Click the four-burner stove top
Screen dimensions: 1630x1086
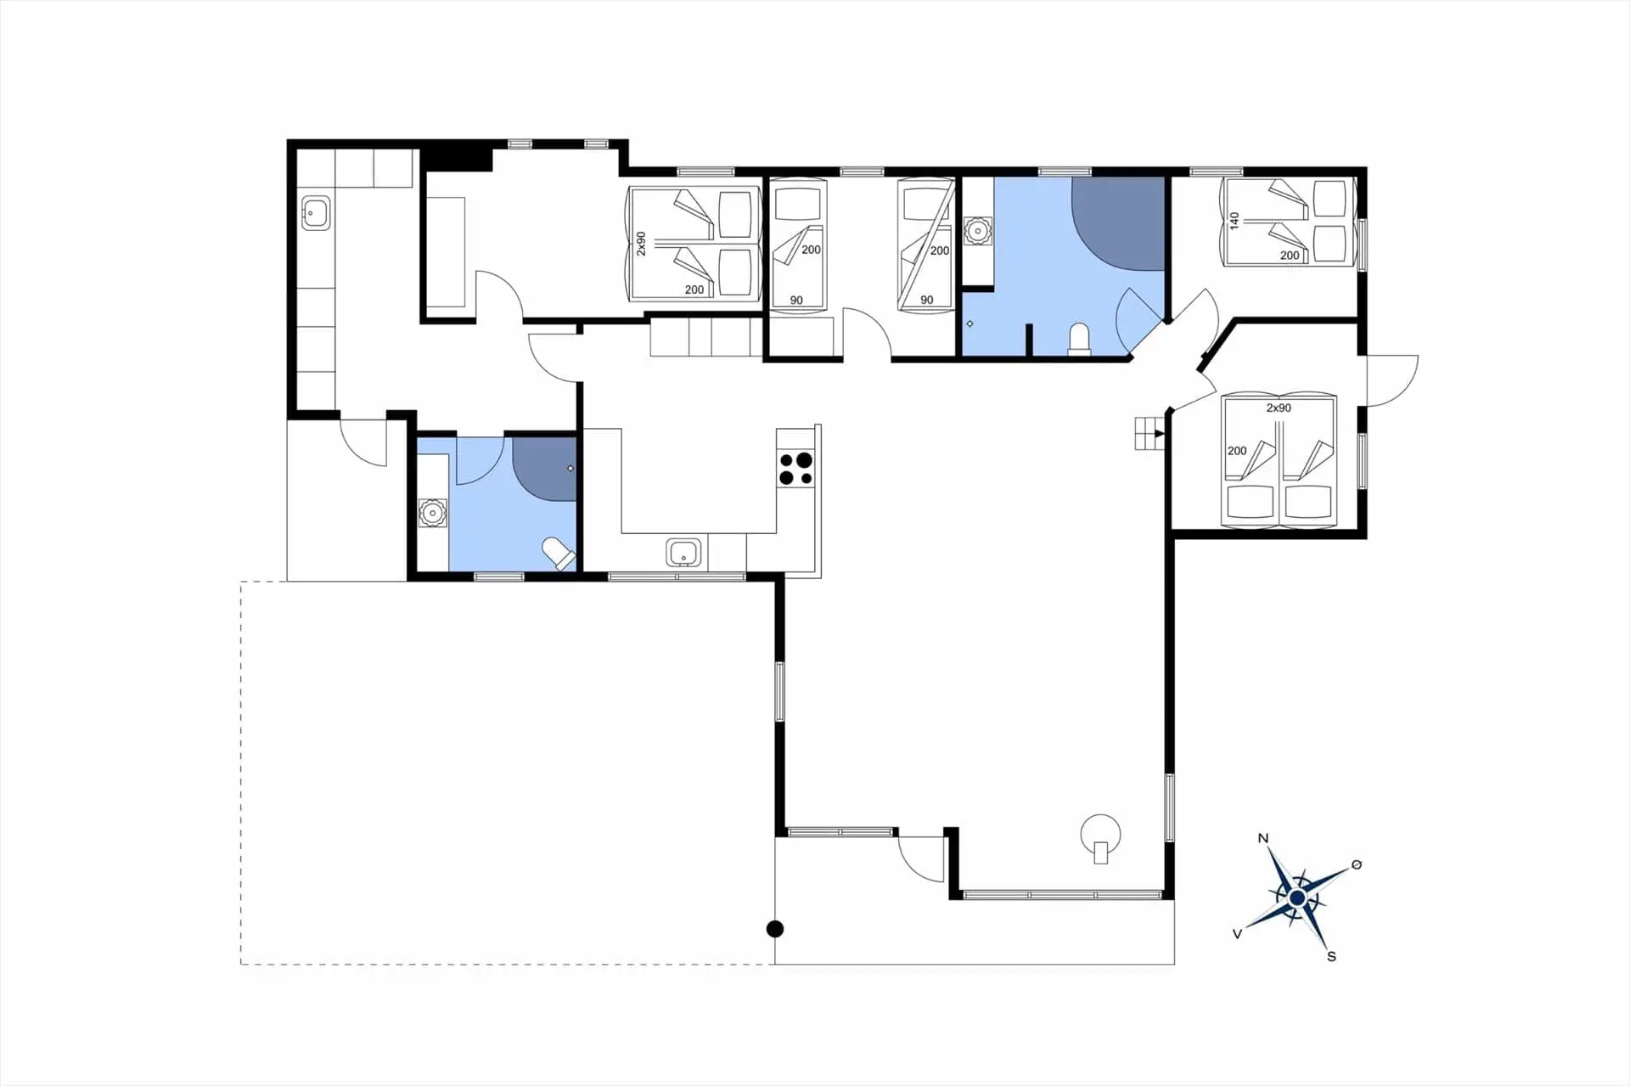tap(795, 469)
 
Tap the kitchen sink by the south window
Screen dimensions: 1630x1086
tap(684, 553)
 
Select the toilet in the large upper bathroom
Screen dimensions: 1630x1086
tap(1079, 338)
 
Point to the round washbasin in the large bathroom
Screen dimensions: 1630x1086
tap(978, 230)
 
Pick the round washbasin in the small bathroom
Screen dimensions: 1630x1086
tap(432, 513)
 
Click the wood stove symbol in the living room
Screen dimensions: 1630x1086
tap(1100, 837)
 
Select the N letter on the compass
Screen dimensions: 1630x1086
tap(1262, 838)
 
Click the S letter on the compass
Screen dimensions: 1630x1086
tap(1331, 956)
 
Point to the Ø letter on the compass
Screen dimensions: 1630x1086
tap(1356, 864)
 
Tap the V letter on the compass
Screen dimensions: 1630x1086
tap(1237, 934)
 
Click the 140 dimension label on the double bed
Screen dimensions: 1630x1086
tap(1234, 221)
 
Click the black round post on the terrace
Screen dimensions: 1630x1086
tap(774, 929)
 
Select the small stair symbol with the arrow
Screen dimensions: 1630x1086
tap(1149, 434)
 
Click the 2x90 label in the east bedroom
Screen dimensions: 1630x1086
tap(1279, 408)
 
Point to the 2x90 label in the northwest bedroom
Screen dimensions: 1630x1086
tap(642, 243)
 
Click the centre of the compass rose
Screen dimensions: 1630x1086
tap(1296, 897)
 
